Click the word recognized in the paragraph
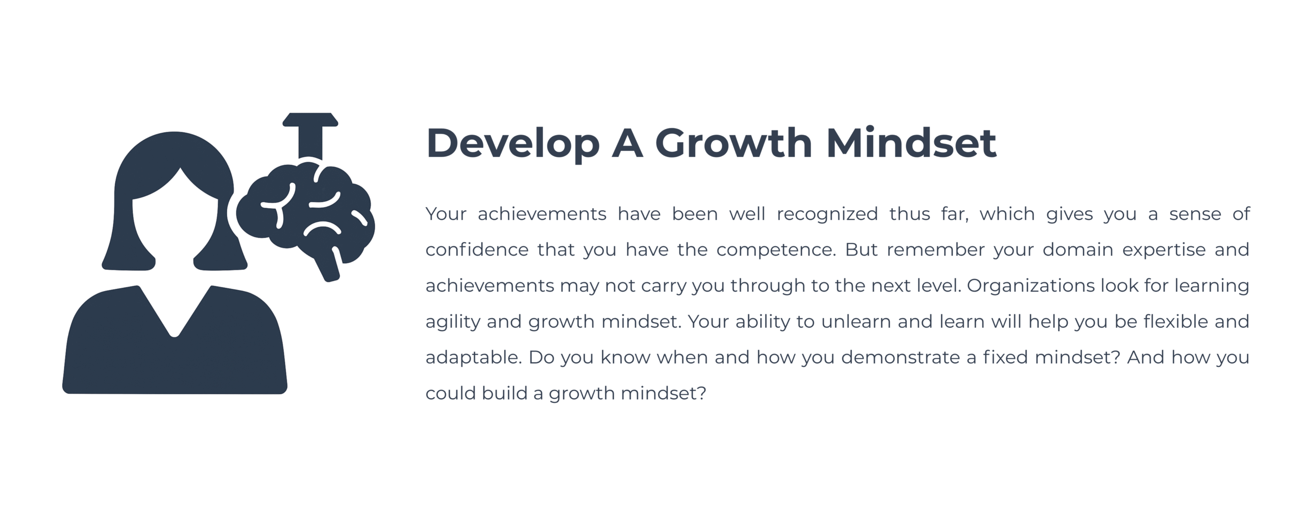pos(827,215)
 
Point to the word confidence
pos(476,250)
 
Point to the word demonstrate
pos(901,358)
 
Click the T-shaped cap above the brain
pos(310,135)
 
